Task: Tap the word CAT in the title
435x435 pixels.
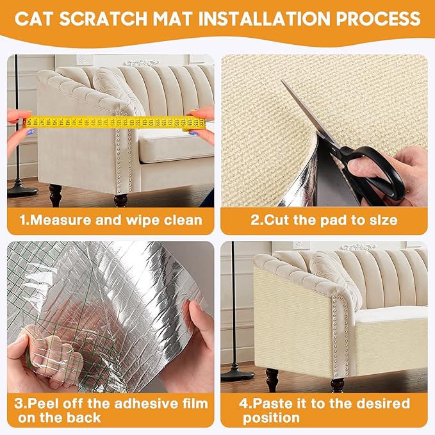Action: pos(35,17)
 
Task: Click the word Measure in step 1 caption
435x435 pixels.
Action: pos(67,220)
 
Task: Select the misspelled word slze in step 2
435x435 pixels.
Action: pos(381,220)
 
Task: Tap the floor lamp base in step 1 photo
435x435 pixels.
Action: pos(19,189)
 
